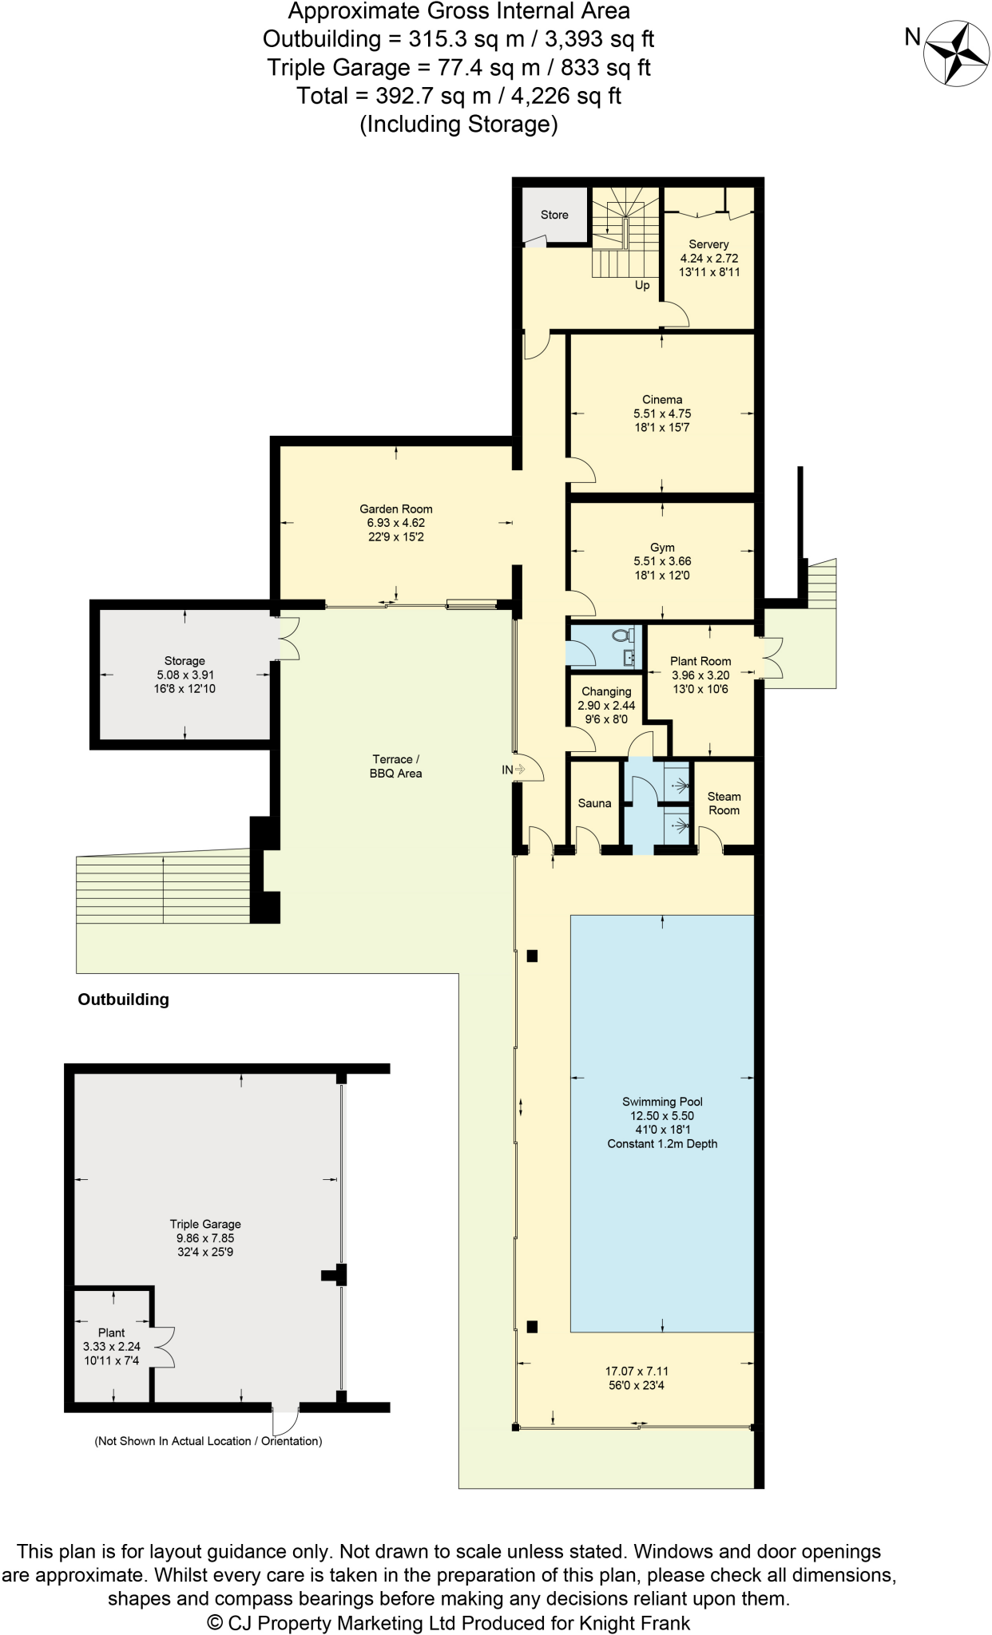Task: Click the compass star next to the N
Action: [956, 53]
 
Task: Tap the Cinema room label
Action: [662, 399]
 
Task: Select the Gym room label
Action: [662, 548]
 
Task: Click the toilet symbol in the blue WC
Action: [621, 636]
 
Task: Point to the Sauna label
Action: [594, 803]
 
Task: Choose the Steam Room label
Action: [724, 803]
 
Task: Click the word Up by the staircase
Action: [642, 286]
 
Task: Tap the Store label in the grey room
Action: [554, 215]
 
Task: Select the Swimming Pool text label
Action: [662, 1102]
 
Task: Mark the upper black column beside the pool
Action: [533, 956]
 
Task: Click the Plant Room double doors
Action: [772, 658]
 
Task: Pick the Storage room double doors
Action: [288, 638]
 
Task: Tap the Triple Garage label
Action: [205, 1224]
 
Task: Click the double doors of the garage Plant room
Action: [165, 1347]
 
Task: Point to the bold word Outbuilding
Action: [123, 1000]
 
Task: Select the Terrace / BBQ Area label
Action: [395, 766]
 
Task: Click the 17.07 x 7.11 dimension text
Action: [637, 1372]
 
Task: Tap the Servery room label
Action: [708, 244]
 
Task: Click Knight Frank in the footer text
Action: [634, 1623]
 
